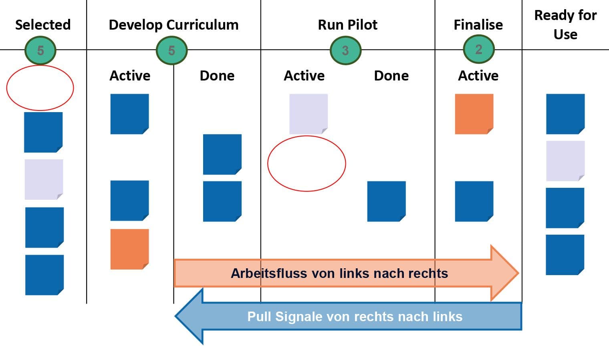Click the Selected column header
[43, 25]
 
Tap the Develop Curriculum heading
[173, 25]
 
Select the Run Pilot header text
[347, 25]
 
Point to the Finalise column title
[478, 25]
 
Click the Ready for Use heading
[565, 25]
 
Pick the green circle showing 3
[345, 50]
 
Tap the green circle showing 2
[478, 50]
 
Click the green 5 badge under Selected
[40, 50]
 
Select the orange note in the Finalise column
[474, 114]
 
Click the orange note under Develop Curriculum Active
[129, 249]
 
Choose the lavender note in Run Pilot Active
[309, 114]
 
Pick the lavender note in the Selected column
[44, 179]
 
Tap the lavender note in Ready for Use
[565, 161]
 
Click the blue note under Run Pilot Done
[386, 201]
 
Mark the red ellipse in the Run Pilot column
[307, 163]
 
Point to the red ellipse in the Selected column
[40, 88]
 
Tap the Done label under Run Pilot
[391, 76]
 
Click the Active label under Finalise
[478, 76]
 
